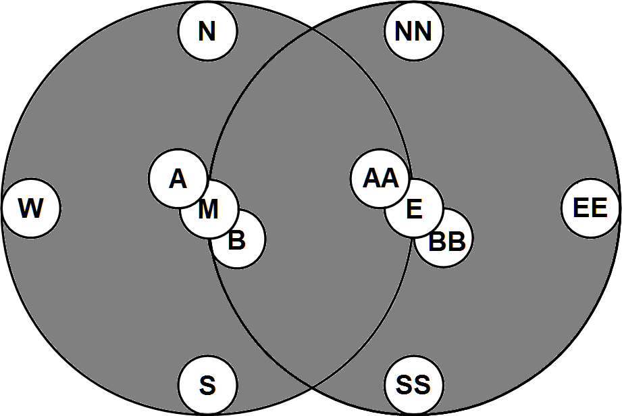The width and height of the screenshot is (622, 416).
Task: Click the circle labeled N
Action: point(207,30)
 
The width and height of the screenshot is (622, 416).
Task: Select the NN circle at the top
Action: point(413,30)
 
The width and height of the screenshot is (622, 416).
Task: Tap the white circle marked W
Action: point(31,208)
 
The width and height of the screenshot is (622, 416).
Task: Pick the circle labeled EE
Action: point(590,208)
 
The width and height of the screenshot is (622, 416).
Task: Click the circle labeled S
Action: point(207,386)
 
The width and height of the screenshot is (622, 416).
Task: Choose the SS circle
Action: point(413,386)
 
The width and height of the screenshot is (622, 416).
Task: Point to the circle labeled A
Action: point(177,179)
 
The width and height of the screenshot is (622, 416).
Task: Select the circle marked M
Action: point(209,210)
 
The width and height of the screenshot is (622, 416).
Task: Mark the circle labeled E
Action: point(414,210)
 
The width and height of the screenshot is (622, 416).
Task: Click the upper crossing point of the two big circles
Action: point(311,28)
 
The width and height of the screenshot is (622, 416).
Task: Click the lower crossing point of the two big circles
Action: point(311,388)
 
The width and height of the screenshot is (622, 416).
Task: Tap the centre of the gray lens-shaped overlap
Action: point(311,208)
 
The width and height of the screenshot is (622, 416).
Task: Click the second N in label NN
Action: point(423,31)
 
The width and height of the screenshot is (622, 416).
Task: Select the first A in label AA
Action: point(372,179)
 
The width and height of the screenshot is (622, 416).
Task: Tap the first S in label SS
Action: point(404,386)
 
